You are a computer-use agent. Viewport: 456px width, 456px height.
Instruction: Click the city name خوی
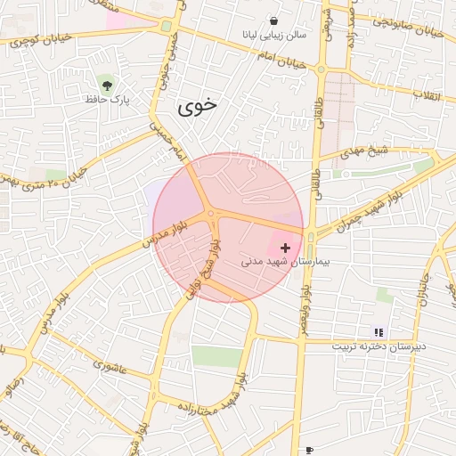(197, 107)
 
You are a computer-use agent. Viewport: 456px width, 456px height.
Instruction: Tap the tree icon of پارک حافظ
(108, 85)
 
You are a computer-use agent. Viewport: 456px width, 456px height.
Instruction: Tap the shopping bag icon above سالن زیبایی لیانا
(272, 20)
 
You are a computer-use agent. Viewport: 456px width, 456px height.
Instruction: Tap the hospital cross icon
(285, 247)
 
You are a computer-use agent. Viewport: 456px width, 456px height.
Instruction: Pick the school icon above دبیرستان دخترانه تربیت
(379, 331)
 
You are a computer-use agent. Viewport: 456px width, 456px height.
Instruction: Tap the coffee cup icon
(308, 450)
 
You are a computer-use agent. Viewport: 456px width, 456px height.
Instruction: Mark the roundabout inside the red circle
(211, 214)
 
